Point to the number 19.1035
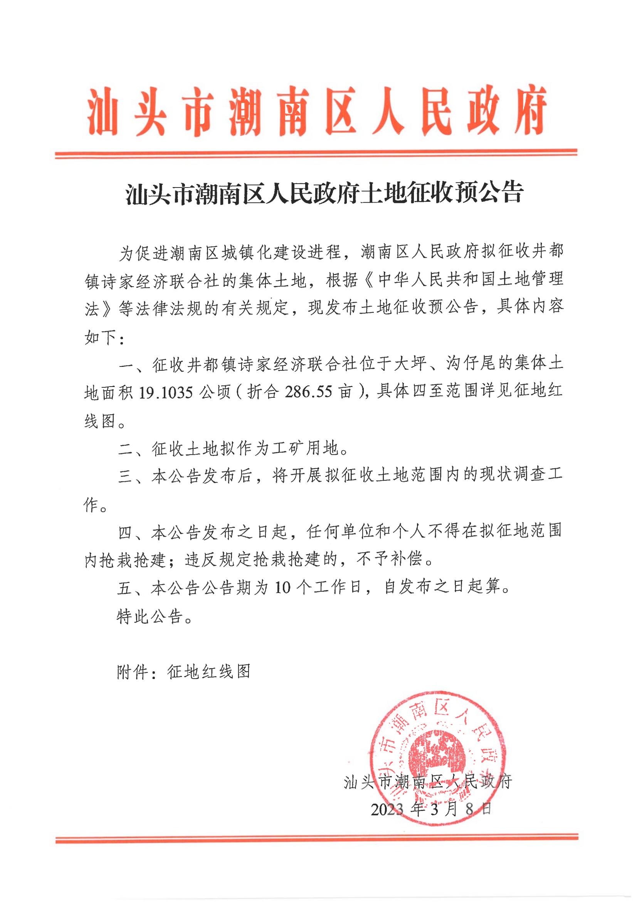[165, 393]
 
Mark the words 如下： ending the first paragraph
[104, 337]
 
